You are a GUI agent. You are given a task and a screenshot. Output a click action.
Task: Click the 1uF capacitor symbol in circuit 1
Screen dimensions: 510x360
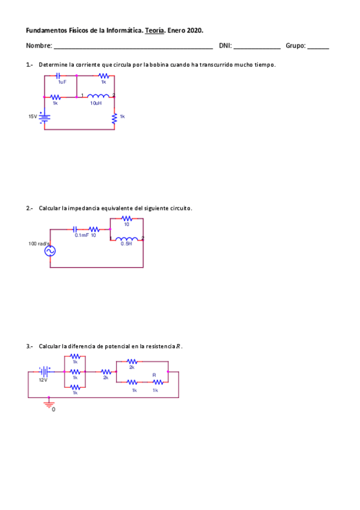tap(58, 76)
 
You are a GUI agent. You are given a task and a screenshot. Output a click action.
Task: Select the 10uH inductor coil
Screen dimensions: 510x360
tap(99, 96)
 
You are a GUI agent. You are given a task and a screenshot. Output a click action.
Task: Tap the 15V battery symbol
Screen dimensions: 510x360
tap(44, 116)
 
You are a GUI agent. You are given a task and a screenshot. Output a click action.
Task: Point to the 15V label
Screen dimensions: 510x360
tap(32, 116)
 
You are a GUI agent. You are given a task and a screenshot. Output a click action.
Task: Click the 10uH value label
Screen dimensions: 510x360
tap(96, 103)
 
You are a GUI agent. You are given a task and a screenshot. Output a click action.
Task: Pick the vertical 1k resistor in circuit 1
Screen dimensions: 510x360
tap(114, 118)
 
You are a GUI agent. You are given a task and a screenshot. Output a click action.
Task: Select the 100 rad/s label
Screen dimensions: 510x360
tap(39, 244)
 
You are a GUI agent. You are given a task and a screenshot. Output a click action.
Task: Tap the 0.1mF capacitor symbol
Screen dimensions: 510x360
tap(75, 229)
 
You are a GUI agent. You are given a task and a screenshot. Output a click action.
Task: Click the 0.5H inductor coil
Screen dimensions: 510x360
tap(127, 239)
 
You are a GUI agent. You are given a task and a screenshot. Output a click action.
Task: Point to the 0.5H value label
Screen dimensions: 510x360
tap(126, 244)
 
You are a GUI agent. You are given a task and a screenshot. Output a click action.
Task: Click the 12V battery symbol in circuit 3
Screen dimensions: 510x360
tap(44, 372)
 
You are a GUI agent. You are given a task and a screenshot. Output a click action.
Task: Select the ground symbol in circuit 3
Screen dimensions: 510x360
tap(49, 404)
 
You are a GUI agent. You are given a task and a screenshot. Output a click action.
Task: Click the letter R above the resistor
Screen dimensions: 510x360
tap(154, 375)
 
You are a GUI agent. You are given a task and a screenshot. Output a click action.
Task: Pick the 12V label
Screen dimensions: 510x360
tap(43, 380)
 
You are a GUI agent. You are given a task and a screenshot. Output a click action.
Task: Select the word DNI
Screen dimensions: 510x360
tap(225, 46)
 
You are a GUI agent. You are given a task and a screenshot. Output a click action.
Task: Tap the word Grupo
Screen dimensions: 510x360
tap(295, 46)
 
